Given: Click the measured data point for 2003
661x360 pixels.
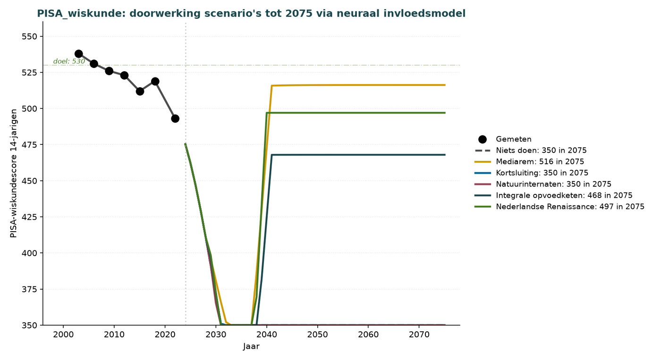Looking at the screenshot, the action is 78,54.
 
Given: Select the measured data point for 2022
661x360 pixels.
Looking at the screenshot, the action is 175,118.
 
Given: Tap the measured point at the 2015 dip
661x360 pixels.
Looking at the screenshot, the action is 140,92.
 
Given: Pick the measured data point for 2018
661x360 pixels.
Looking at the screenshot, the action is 155,81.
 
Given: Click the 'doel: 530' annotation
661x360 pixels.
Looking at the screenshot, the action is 69,61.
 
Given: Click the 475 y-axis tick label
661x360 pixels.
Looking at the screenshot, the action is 29,145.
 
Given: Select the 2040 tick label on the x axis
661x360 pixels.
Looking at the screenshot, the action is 267,335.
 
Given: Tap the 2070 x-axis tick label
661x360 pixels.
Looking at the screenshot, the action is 419,335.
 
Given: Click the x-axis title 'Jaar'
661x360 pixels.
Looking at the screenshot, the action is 251,346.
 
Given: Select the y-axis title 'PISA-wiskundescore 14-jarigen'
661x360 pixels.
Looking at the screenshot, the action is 14,173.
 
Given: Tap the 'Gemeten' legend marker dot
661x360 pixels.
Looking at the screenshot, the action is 483,139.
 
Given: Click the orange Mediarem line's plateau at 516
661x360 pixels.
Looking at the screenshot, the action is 358,85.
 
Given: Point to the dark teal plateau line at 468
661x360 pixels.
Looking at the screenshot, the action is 358,155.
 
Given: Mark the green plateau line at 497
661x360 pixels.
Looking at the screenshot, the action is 356,113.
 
